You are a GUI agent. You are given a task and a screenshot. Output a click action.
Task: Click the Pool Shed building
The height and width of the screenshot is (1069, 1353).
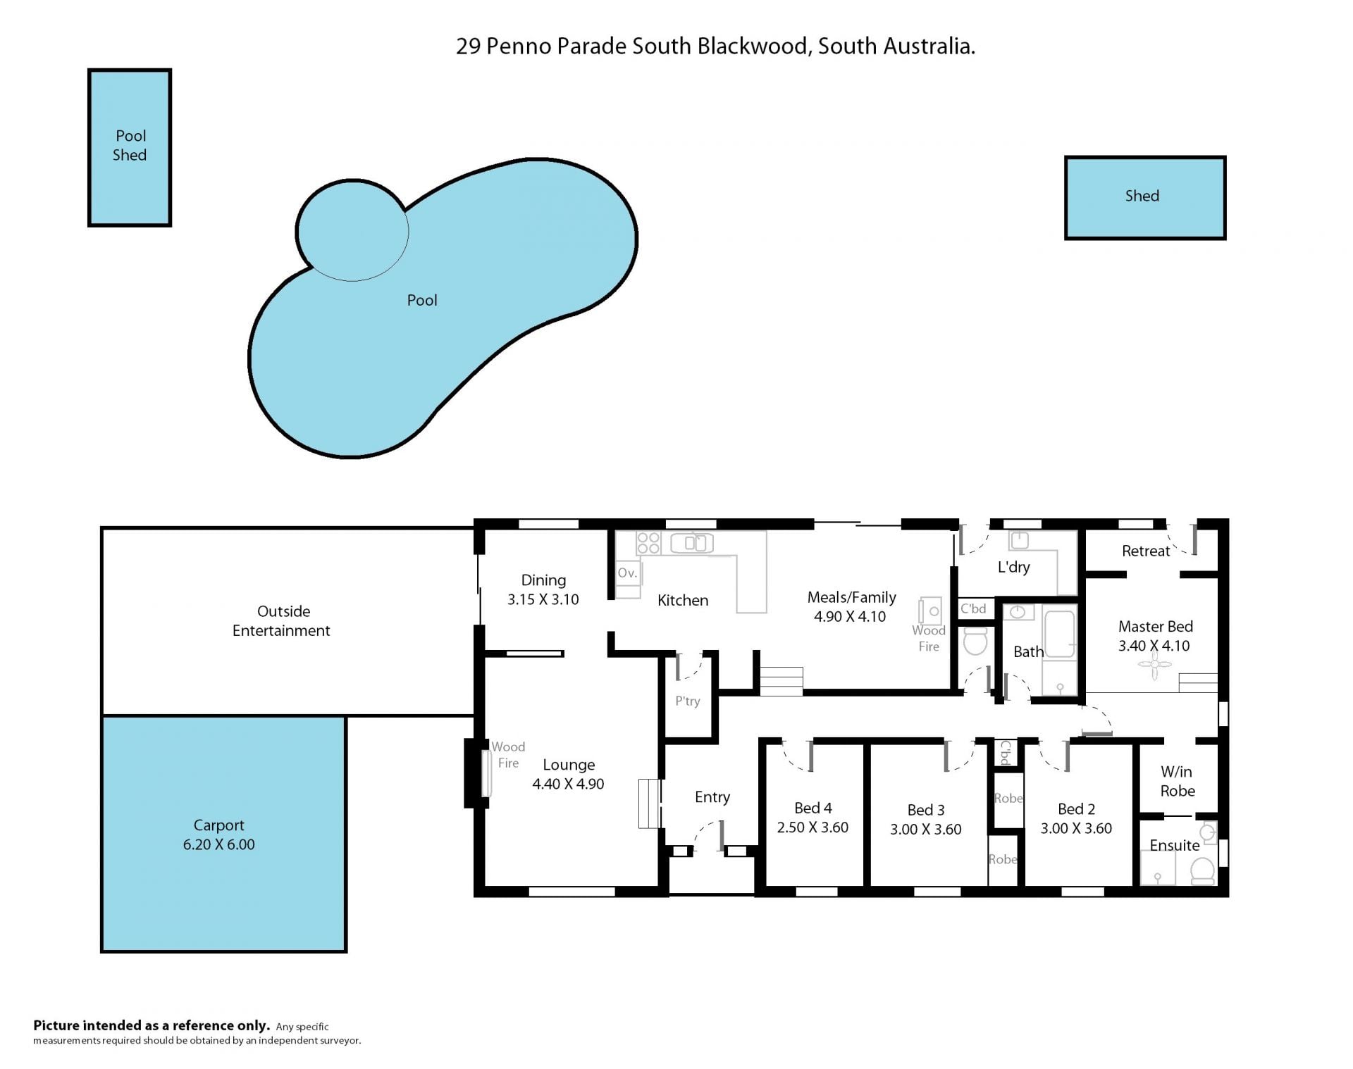(130, 147)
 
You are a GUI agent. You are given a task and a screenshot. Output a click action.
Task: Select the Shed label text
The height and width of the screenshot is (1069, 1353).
(1142, 196)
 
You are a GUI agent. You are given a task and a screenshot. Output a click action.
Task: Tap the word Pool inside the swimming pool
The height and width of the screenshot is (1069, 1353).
(422, 300)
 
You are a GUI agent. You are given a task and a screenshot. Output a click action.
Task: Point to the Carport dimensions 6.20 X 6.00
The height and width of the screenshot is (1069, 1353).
(219, 844)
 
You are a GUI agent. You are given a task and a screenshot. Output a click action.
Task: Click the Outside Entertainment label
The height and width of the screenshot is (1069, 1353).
(282, 620)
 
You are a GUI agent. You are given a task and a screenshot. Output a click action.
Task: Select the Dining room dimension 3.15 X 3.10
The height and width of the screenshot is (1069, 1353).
(543, 599)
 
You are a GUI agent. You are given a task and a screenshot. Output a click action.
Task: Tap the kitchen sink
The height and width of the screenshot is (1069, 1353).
(692, 543)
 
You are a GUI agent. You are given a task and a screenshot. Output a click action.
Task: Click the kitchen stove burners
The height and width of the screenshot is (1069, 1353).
(648, 543)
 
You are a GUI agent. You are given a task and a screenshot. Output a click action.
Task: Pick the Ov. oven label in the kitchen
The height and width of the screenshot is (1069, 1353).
(627, 573)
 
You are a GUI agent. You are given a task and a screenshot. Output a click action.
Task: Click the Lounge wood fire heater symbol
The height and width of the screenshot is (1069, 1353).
(486, 773)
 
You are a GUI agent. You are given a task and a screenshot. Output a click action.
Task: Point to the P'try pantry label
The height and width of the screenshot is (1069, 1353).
(688, 701)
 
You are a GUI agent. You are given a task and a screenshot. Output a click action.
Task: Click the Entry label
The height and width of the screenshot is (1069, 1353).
(712, 797)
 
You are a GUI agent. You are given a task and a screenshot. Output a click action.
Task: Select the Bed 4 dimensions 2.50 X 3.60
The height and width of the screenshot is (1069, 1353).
(813, 827)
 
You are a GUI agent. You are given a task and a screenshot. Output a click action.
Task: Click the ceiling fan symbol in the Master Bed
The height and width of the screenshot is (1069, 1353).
(1154, 665)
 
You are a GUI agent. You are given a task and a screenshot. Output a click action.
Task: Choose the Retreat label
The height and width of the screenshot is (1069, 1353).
(1146, 551)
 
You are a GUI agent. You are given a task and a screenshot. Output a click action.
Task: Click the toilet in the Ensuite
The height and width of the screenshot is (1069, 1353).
(1202, 871)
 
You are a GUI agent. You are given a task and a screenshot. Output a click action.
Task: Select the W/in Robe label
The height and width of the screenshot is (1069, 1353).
(1178, 781)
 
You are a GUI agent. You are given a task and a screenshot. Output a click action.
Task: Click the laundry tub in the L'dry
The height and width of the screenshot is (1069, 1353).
(1019, 540)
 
